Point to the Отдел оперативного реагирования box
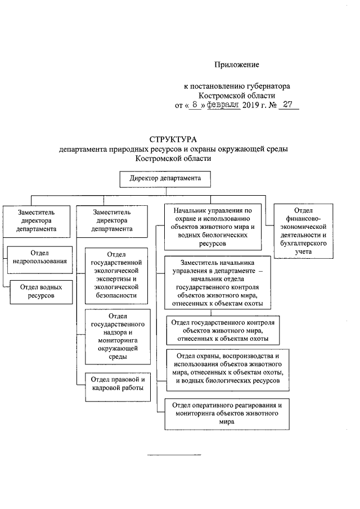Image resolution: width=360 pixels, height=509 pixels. [227, 413]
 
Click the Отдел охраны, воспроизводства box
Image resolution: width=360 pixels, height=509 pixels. [227, 368]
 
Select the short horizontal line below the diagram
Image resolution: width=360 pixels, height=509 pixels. [173, 454]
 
